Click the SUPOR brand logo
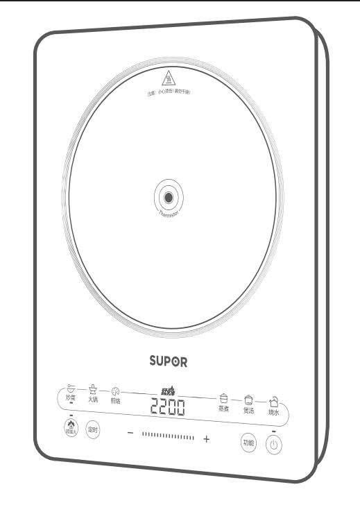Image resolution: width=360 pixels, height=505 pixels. [x=169, y=361]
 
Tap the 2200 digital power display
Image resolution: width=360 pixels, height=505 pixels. [x=169, y=407]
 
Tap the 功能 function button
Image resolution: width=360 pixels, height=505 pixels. [x=248, y=443]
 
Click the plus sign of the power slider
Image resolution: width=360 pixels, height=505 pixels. [x=206, y=440]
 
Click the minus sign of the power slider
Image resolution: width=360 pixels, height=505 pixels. [x=130, y=434]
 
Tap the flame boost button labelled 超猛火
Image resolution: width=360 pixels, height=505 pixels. [x=69, y=427]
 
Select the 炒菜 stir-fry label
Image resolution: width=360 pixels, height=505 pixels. [x=71, y=398]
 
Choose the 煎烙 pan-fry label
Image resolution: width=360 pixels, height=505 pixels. [x=116, y=401]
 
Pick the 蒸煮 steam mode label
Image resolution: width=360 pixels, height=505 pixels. [x=223, y=409]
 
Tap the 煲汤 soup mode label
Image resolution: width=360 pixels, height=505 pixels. [x=248, y=411]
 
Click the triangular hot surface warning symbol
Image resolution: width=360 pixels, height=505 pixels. [x=168, y=78]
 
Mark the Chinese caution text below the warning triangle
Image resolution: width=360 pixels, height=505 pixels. [x=168, y=92]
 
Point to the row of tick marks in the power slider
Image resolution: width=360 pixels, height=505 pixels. [x=168, y=437]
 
